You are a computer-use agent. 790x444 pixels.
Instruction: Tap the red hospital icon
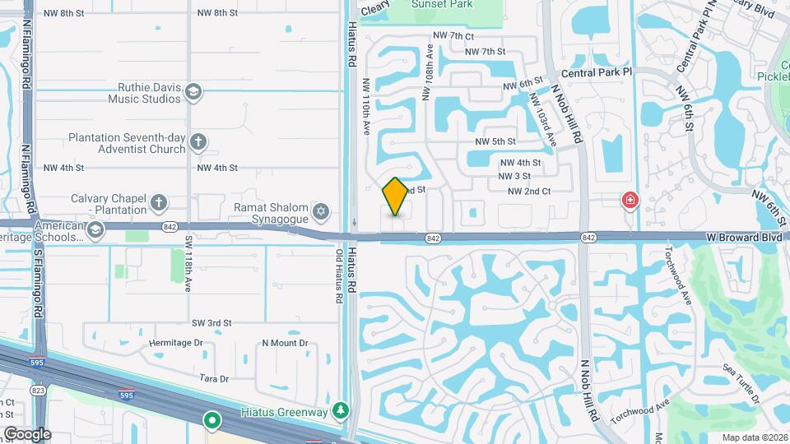(x=630, y=200)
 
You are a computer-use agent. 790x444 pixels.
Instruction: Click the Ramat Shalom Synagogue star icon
(x=322, y=212)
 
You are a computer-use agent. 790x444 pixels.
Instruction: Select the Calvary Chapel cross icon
(x=159, y=201)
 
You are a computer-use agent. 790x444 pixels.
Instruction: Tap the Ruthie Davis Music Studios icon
(x=194, y=91)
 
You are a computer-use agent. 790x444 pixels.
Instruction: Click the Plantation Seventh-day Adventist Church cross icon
(x=197, y=142)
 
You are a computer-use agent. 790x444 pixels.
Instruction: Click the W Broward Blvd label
(x=743, y=236)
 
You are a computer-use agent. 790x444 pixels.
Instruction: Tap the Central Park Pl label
(x=595, y=72)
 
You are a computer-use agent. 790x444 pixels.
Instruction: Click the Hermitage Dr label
(x=176, y=343)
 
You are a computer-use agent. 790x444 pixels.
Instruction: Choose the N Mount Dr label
(x=285, y=343)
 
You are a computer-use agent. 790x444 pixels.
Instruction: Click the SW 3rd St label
(x=211, y=323)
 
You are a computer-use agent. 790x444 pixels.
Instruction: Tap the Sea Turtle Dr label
(x=741, y=384)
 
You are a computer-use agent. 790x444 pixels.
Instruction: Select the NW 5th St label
(x=495, y=141)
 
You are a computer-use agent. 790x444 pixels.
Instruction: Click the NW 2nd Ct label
(x=528, y=191)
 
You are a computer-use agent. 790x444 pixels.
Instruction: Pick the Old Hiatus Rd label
(x=338, y=276)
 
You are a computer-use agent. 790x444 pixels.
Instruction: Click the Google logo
(x=26, y=433)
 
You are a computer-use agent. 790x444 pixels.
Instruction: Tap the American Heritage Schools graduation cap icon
(x=95, y=229)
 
